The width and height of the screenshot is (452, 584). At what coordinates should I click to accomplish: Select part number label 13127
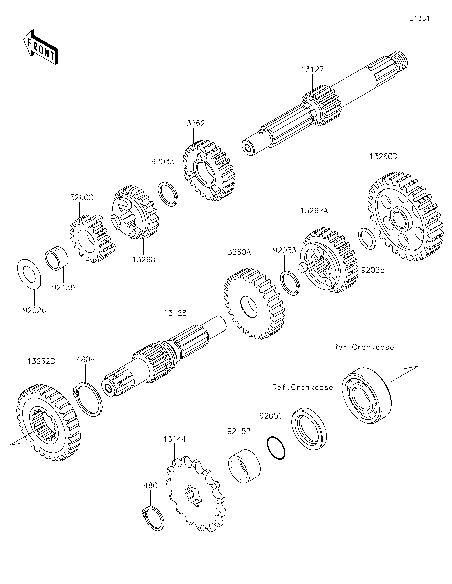(312, 70)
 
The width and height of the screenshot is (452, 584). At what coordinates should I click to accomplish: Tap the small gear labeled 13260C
(92, 239)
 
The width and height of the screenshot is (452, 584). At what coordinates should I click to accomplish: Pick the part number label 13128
(175, 313)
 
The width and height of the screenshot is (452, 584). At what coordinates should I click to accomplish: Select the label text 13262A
(314, 211)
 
